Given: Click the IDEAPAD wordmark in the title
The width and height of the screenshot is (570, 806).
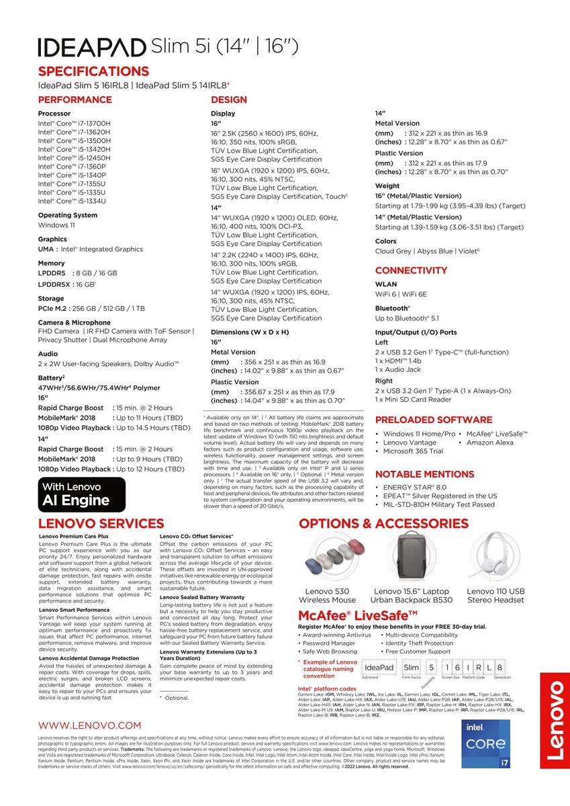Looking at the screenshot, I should pos(93,47).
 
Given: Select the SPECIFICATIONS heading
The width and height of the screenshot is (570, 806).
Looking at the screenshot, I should pos(93,71).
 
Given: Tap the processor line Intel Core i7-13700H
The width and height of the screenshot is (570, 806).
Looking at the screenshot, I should pos(75,124).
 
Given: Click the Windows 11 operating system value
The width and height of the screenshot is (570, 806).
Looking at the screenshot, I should pos(56,225).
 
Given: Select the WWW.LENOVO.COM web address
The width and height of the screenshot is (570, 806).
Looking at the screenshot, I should pos(90,725).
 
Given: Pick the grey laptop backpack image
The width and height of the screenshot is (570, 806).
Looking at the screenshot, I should pos(412,557).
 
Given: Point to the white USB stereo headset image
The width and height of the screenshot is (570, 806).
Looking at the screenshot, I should pos(495,557).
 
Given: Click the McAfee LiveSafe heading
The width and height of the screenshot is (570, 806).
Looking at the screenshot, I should pos(358,615).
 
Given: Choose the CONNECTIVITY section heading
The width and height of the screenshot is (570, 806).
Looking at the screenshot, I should pos(411,270).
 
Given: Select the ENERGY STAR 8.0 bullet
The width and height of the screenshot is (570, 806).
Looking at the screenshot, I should pos(414,487).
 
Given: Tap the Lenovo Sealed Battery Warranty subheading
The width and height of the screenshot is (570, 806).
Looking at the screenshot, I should pos(202,597).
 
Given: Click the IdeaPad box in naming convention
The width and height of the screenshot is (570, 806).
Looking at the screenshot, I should pos(378,667).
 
